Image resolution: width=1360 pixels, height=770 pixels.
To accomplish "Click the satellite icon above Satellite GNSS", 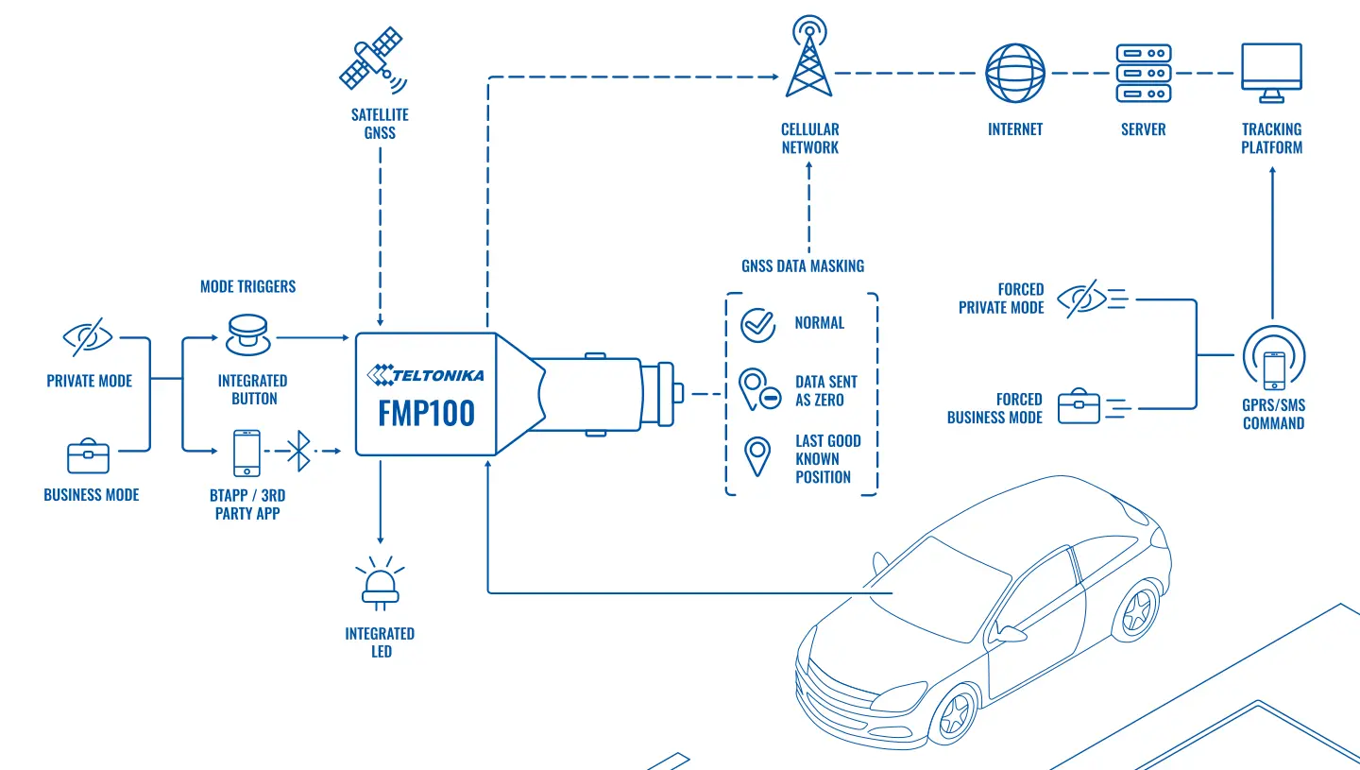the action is [372, 60].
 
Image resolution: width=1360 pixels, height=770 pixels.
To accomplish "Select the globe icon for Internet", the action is [1014, 73].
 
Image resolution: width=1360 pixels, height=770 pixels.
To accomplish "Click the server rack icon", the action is [1143, 73].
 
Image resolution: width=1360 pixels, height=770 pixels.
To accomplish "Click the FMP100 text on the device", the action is [426, 414].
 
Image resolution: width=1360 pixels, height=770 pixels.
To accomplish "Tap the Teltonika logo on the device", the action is [426, 375].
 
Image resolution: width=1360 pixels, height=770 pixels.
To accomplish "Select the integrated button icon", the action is [247, 334].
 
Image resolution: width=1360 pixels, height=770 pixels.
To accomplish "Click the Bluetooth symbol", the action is [298, 451].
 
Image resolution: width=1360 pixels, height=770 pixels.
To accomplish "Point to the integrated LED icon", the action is [380, 583].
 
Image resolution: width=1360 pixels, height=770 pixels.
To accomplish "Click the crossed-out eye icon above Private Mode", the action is [88, 336].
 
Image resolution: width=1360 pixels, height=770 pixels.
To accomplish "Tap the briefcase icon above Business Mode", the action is [88, 455].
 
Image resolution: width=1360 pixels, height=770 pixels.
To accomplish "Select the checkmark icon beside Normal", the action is [757, 325].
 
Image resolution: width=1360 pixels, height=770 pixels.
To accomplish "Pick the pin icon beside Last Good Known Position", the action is [757, 456].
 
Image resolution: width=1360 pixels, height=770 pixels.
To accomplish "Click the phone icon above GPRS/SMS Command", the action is [1274, 370].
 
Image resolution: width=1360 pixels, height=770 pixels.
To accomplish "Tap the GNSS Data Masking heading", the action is [803, 266].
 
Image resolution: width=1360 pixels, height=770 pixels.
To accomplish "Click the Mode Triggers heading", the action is [247, 286].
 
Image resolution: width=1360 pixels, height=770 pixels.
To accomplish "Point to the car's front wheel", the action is [956, 714].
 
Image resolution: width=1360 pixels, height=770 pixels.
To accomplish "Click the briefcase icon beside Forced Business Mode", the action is [1079, 406].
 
